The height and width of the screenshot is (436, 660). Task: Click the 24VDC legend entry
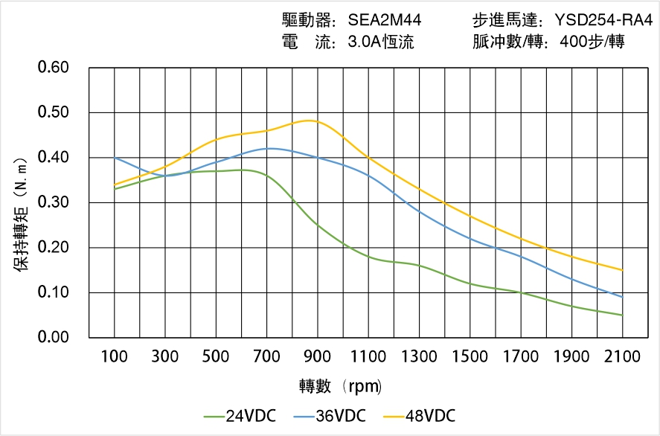click(240, 415)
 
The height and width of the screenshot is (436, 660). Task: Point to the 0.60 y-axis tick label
click(54, 68)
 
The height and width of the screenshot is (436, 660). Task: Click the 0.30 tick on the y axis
click(54, 202)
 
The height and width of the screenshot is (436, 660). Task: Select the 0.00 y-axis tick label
click(54, 337)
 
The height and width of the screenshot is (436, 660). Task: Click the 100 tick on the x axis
click(115, 356)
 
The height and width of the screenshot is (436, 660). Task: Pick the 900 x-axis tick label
click(318, 356)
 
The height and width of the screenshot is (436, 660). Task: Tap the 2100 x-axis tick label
click(622, 356)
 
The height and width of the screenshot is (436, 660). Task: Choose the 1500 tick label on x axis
click(470, 356)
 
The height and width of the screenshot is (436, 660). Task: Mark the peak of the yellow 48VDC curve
click(311, 121)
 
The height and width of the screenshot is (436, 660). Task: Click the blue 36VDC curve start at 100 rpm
click(115, 158)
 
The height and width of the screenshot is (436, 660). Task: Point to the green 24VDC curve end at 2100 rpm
click(622, 315)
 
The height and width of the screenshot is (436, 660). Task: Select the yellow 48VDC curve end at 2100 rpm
click(622, 270)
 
